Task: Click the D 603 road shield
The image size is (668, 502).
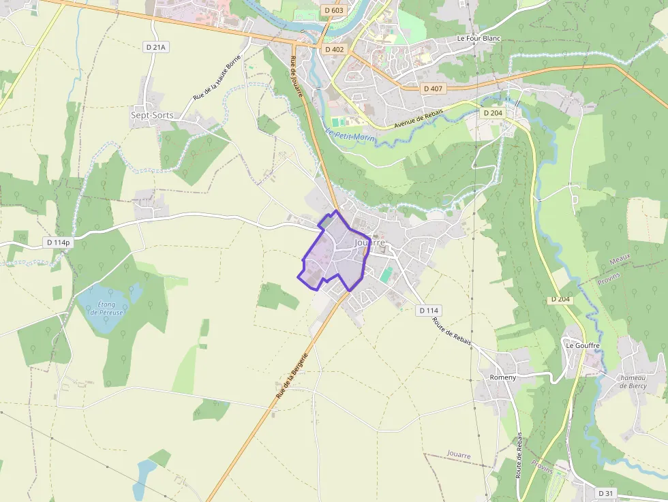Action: pos(334,10)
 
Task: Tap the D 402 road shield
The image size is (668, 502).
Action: pos(335,50)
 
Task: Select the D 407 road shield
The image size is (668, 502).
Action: pos(433,89)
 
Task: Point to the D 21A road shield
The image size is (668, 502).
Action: pos(156,47)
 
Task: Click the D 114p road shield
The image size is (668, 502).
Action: pos(58,242)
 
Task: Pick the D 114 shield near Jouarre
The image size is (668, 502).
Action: pos(428,311)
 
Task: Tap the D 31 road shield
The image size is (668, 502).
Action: pos(606,492)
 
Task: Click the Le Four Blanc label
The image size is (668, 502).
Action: pos(479,38)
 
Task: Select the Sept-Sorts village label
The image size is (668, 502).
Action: pos(152,115)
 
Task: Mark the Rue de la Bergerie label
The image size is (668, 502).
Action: pos(292,375)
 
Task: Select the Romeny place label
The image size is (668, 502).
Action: pos(503,377)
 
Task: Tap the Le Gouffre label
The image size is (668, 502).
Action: pos(582,345)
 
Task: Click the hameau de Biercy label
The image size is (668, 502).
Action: pos(633,382)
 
